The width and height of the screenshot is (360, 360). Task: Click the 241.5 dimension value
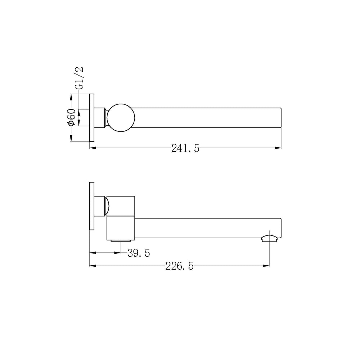(x=185, y=148)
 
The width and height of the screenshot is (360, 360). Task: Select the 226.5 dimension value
(x=180, y=266)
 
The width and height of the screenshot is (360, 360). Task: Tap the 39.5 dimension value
(x=139, y=253)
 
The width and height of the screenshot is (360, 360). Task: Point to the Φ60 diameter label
(x=71, y=117)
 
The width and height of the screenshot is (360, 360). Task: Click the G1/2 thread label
(x=79, y=78)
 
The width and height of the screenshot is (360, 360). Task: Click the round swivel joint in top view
(x=121, y=118)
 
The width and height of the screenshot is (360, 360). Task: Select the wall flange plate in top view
(x=91, y=118)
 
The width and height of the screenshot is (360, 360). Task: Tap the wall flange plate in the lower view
(x=91, y=206)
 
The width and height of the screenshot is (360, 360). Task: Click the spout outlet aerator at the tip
(x=271, y=238)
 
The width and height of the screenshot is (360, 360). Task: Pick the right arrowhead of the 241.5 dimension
(x=278, y=148)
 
